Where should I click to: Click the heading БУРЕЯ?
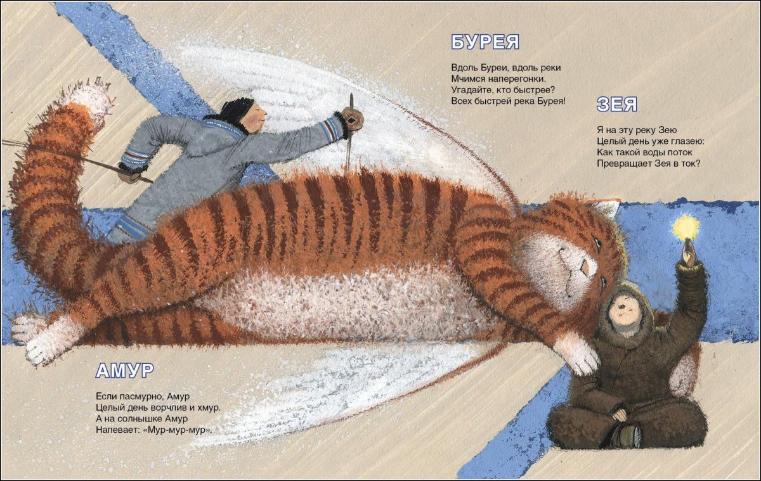pyautogui.click(x=485, y=42)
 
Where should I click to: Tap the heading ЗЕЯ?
pyautogui.click(x=616, y=104)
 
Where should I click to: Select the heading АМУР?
pyautogui.click(x=125, y=370)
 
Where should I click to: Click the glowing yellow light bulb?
pyautogui.click(x=687, y=226)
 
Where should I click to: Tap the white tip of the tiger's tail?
pyautogui.click(x=89, y=99)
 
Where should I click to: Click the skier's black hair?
pyautogui.click(x=237, y=108)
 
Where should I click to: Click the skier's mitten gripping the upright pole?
pyautogui.click(x=353, y=119)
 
